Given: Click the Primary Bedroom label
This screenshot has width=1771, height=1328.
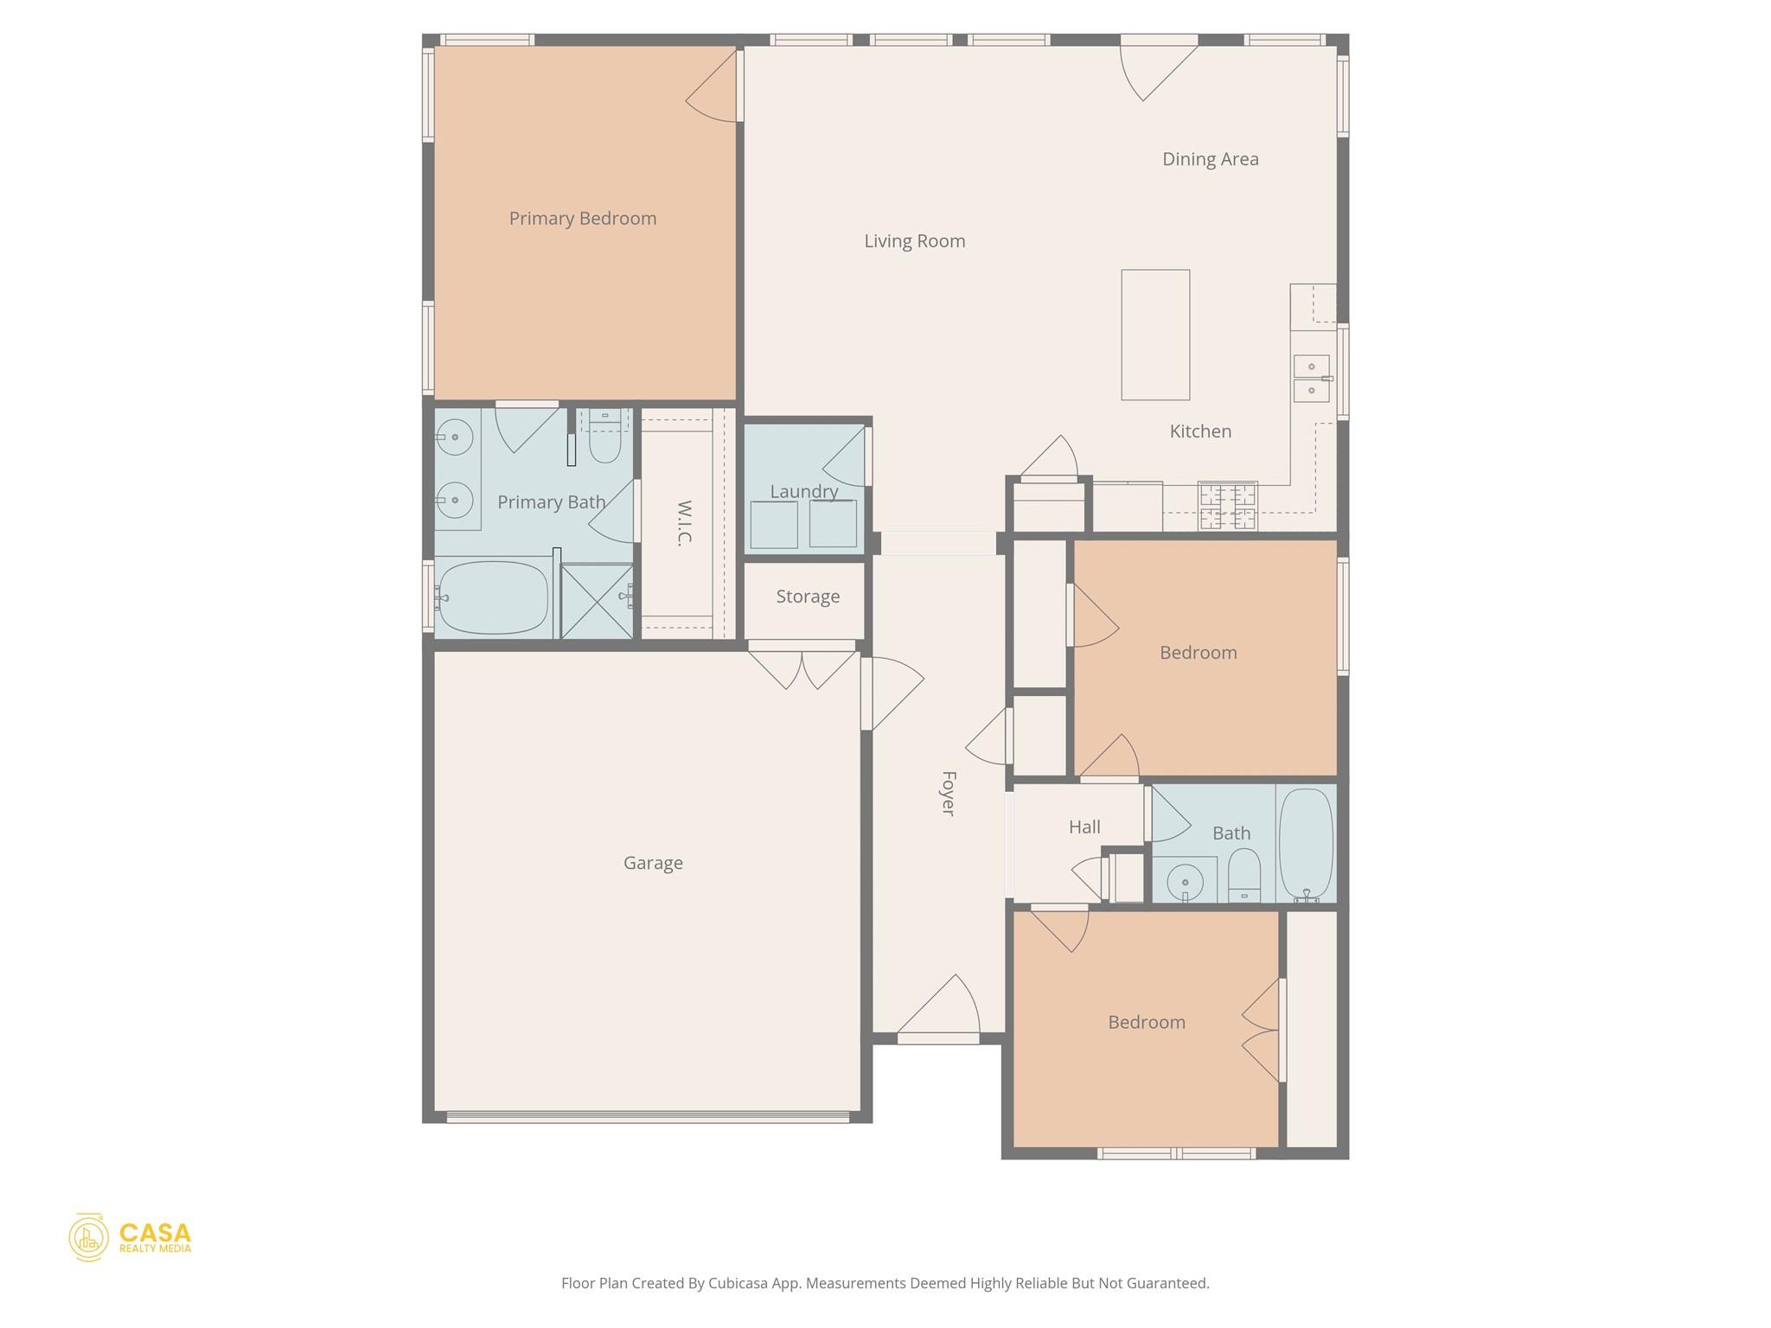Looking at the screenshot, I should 582,219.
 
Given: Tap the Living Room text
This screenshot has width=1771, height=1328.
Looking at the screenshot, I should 914,241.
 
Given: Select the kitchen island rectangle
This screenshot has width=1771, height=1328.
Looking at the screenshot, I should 1154,335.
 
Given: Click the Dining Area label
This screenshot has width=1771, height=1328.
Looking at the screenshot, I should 1210,159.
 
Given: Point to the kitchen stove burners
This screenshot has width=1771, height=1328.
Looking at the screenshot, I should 1227,507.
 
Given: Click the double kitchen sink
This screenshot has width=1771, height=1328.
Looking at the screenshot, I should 1311,379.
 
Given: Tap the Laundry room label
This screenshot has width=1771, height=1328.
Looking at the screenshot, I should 803,492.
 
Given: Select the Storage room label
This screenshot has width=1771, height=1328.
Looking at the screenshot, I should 807,597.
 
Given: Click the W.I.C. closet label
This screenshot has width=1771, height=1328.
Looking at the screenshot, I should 684,523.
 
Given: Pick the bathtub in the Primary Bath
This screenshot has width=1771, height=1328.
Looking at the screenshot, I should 493,597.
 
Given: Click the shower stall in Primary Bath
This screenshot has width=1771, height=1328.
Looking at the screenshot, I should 597,601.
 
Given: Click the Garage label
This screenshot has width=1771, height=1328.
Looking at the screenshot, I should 653,863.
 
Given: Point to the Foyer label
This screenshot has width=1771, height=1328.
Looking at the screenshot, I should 948,793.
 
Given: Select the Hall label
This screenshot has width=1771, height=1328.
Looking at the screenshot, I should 1084,827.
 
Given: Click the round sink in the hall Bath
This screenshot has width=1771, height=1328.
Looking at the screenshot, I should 1185,883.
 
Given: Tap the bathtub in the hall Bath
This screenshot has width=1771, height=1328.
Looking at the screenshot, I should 1305,843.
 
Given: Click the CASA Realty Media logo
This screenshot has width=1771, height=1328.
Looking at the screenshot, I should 131,1237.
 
